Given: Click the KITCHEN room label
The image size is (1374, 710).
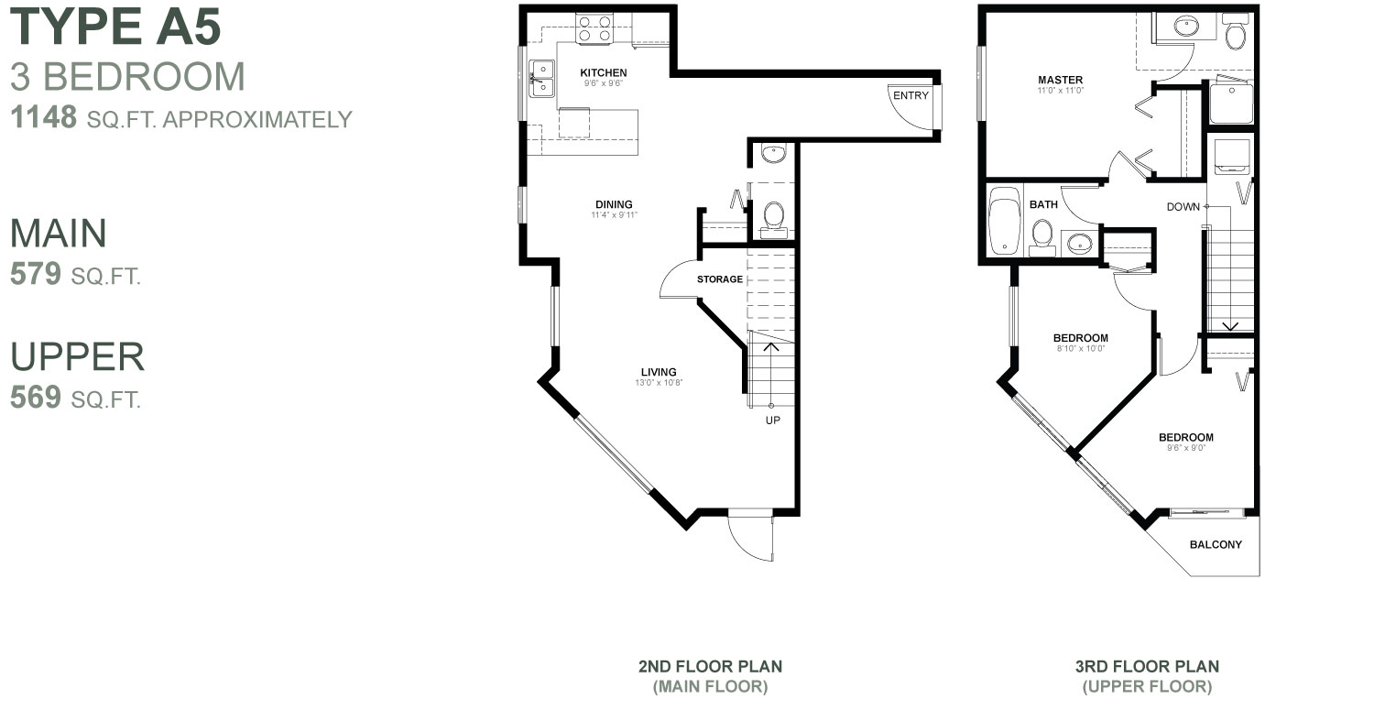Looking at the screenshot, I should point(604,72).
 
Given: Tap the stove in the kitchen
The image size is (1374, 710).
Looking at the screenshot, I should point(594,29).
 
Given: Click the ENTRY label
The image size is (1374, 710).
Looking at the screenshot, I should point(911,95).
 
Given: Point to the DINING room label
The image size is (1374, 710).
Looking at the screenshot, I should point(614,204).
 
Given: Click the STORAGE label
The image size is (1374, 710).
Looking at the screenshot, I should point(719,279).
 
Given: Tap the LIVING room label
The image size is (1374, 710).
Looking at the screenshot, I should point(659,371).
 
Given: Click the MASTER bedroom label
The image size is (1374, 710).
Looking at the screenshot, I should point(1061,80).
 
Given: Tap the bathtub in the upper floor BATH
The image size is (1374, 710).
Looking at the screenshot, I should point(1005,221).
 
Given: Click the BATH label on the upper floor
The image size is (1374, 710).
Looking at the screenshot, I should point(1043,204).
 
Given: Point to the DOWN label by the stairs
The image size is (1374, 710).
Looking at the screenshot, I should point(1183,206).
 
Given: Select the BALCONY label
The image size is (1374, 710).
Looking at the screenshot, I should point(1216,544).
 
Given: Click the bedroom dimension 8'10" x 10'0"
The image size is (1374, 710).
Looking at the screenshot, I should point(1080,348).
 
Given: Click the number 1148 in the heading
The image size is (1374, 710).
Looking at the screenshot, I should point(43,118).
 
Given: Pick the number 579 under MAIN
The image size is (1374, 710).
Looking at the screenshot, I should point(36,275).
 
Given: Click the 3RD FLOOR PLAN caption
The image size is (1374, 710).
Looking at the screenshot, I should point(1147,666).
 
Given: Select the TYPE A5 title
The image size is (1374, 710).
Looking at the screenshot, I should point(115,27).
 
